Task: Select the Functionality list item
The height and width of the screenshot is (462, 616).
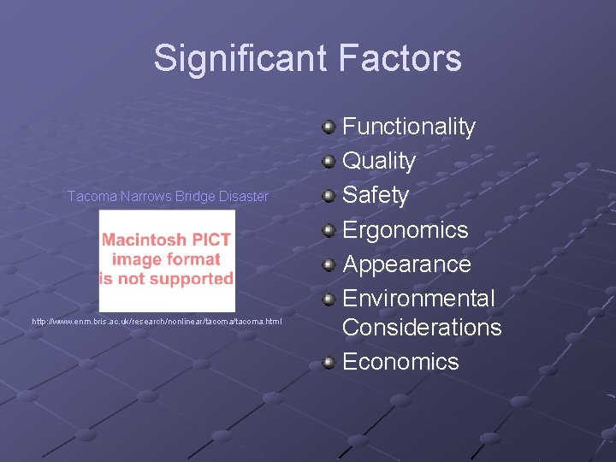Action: [408, 127]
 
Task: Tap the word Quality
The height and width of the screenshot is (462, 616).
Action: [379, 161]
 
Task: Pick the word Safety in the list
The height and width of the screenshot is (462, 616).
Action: [376, 195]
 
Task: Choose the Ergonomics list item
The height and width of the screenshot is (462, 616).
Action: [405, 229]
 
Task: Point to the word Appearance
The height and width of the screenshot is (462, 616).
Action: [406, 264]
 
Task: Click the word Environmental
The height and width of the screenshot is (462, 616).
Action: [418, 298]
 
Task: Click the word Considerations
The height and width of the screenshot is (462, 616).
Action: [422, 327]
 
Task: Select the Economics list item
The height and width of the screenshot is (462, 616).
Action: [400, 361]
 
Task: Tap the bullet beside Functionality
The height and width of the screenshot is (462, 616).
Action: [329, 127]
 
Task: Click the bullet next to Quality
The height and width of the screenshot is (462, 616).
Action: [329, 162]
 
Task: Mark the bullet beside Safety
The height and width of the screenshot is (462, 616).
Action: [329, 196]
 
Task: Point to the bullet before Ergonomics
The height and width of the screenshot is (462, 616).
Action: [329, 230]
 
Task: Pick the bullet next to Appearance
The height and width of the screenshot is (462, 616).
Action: [329, 264]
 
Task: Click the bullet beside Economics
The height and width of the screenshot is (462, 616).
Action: [329, 362]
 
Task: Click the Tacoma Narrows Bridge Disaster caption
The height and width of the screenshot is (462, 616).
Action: [168, 196]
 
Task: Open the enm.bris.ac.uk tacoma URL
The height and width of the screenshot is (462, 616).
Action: [157, 321]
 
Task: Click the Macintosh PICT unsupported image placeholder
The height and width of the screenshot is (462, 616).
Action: [167, 260]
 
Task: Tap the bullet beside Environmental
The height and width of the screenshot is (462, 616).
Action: [329, 299]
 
